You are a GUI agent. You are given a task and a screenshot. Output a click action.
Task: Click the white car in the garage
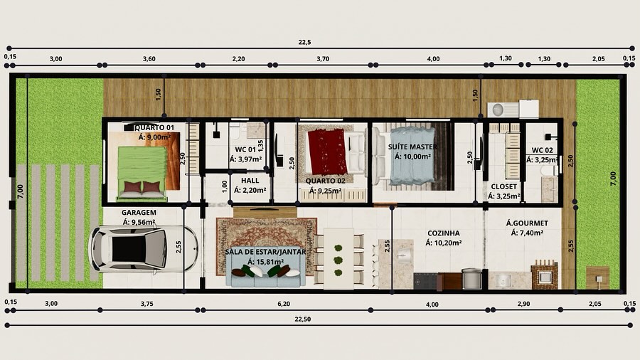143,248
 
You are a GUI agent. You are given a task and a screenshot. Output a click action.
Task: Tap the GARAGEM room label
139,213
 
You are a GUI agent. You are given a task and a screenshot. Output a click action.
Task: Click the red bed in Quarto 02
327,151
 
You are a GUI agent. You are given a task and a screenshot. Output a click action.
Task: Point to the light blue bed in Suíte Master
412,156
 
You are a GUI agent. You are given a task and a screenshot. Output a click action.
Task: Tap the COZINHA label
443,233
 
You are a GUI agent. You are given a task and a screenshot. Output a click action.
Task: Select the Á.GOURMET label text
527,223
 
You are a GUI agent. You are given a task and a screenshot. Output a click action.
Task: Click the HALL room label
250,181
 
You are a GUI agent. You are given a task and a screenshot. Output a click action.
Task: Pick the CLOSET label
503,186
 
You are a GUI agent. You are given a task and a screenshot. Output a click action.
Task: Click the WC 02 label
543,150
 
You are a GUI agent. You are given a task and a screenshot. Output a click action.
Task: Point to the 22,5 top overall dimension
304,42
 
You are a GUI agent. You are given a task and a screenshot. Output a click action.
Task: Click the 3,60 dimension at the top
149,59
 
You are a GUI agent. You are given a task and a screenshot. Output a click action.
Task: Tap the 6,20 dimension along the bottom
284,304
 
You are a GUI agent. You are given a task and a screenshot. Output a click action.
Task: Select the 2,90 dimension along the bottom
523,304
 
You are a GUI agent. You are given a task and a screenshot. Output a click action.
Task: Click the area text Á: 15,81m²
265,262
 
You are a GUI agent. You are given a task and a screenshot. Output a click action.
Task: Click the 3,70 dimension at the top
323,59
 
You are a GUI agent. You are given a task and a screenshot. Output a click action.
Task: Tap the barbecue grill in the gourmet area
544,275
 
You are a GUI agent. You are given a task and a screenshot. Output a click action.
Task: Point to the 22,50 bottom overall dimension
302,319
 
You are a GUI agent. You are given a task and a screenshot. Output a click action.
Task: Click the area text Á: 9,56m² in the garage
139,223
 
